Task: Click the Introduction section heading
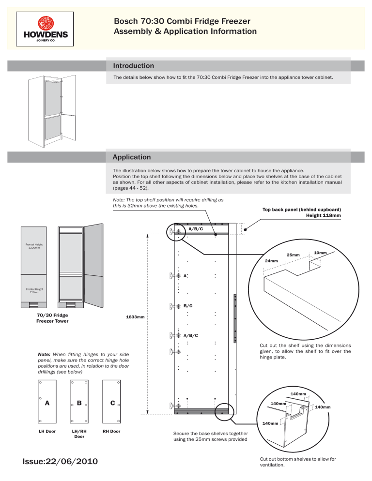coord(133,66)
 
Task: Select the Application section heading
coord(131,157)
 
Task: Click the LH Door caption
coord(47,431)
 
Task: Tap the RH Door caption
coord(112,431)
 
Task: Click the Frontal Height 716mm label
coord(34,291)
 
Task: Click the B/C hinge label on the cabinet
coord(188,306)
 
